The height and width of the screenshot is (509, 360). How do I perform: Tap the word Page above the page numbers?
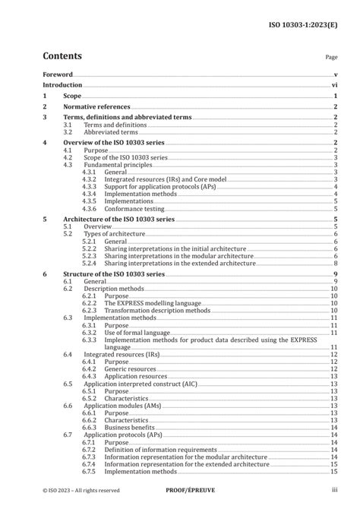pyautogui.click(x=331, y=57)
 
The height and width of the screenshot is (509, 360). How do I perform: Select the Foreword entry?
pyautogui.click(x=58, y=74)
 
